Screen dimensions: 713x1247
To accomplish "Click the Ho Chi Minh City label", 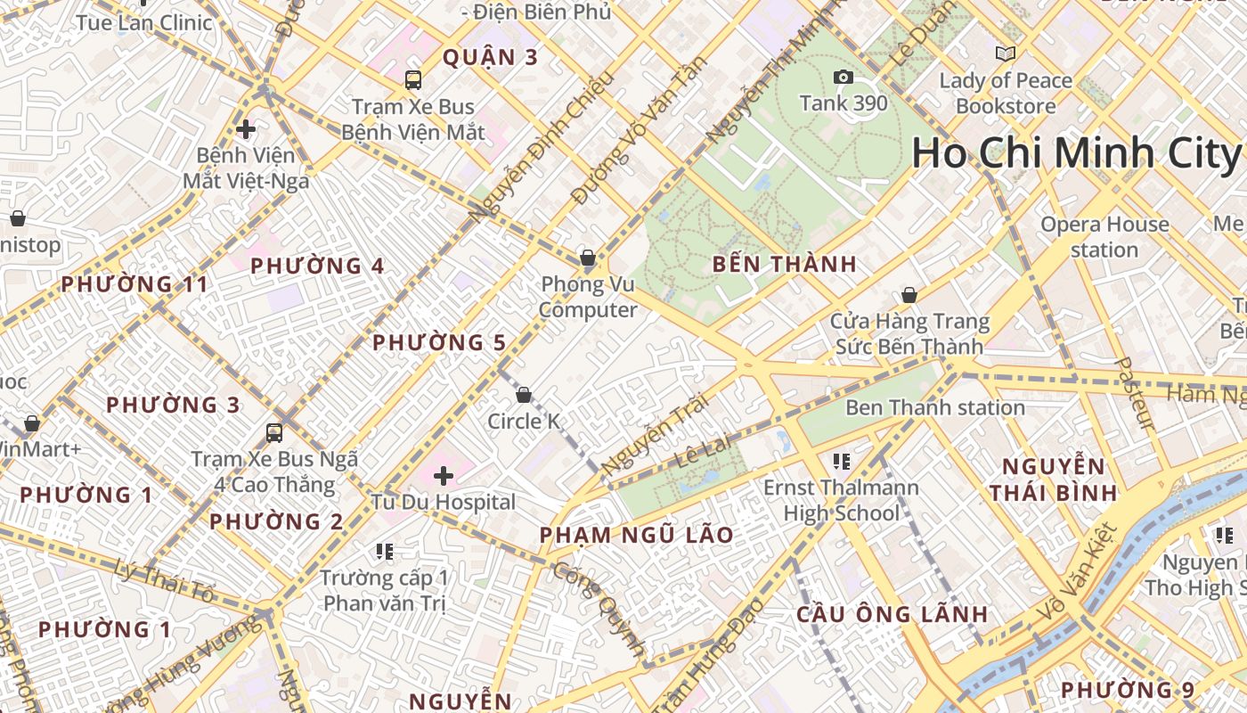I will tap(1077, 153).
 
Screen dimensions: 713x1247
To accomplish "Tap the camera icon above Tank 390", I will tap(843, 78).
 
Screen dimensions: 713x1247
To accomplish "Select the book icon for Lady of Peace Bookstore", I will tap(1006, 54).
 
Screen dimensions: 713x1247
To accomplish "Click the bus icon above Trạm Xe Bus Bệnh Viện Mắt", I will tap(413, 80).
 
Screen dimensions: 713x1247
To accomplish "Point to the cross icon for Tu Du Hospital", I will tap(443, 476).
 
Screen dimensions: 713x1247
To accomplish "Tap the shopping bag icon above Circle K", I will tap(524, 394).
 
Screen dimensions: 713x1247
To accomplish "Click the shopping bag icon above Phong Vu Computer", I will tap(588, 258).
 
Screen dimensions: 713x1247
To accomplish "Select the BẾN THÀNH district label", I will tap(785, 265).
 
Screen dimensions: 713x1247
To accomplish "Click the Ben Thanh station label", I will tap(934, 408).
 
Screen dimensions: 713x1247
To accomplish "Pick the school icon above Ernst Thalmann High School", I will tap(842, 461).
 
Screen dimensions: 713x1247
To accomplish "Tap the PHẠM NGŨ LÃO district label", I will tap(637, 536).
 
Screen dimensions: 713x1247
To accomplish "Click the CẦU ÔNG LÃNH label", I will tap(892, 614).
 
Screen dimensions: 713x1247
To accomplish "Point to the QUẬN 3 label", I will tap(491, 58).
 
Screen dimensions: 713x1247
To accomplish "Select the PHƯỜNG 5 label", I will tap(439, 343).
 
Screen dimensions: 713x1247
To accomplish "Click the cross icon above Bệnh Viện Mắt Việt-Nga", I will tap(246, 129).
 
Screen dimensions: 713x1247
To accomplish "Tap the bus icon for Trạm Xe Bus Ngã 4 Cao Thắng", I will tap(274, 433).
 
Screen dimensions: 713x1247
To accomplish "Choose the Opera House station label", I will tap(1104, 237).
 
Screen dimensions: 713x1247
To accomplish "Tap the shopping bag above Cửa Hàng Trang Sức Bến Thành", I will tap(909, 294).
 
